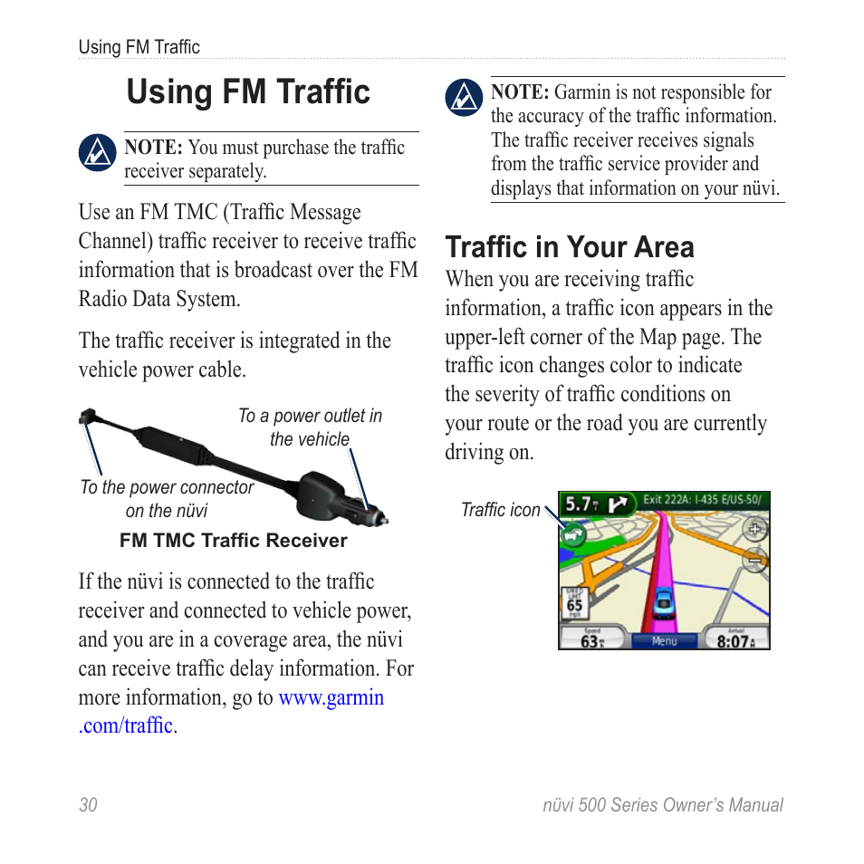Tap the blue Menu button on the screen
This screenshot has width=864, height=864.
[x=665, y=640]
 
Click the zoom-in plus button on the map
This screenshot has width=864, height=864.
[x=754, y=529]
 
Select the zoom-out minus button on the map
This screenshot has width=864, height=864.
[x=754, y=561]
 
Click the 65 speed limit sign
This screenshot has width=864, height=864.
[x=574, y=603]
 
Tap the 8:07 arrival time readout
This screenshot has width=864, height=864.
[x=735, y=641]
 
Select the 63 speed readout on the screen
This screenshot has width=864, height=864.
[x=590, y=641]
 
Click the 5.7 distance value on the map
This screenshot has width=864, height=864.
[x=578, y=504]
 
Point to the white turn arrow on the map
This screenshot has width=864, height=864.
[x=620, y=504]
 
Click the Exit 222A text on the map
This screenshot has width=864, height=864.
[x=666, y=499]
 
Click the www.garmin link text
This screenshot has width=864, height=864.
[x=331, y=697]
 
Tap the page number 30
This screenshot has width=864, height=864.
[x=88, y=805]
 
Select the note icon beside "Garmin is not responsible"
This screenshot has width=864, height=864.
[x=465, y=98]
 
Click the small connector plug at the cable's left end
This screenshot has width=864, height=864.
[x=86, y=417]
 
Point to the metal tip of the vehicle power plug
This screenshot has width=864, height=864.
[x=384, y=520]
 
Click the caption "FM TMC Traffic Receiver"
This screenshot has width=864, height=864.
[x=234, y=541]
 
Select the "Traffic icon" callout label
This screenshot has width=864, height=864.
[x=500, y=510]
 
